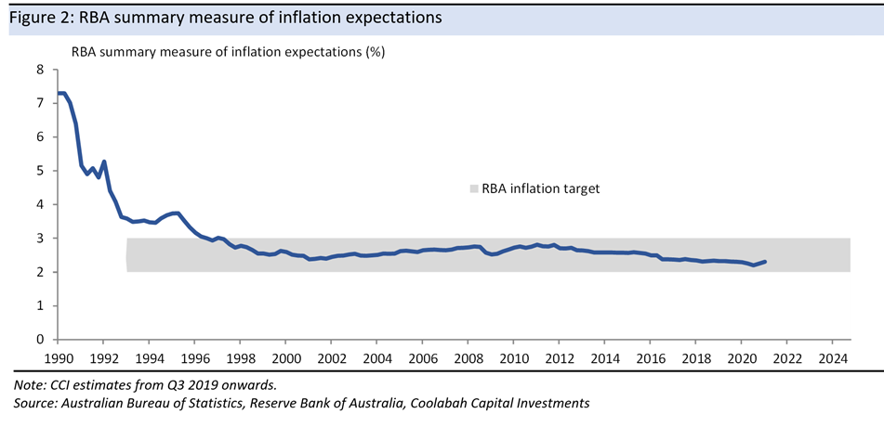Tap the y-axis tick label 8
coord(40,70)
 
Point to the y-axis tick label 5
coord(40,171)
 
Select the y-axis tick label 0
coord(40,340)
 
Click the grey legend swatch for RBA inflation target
coord(473,188)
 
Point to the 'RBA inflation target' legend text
coord(541,188)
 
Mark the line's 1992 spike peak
coord(104,162)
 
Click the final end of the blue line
coord(764,262)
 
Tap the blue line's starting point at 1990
coord(58,93)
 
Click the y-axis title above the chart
coord(228,52)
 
